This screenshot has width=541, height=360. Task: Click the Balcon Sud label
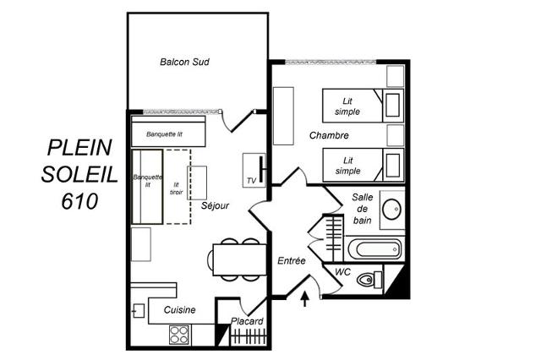click(184, 62)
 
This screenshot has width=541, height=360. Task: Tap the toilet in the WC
click(369, 280)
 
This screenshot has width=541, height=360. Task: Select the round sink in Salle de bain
click(392, 209)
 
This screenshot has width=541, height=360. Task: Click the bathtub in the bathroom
click(374, 249)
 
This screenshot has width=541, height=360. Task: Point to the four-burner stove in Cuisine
click(179, 335)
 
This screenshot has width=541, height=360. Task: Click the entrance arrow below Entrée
click(305, 298)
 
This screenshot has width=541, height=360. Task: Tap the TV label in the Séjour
click(252, 181)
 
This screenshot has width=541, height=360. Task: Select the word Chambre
click(329, 135)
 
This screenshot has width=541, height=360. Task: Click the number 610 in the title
click(79, 201)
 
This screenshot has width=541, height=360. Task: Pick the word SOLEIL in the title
click(79, 174)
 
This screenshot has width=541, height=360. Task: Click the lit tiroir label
click(177, 188)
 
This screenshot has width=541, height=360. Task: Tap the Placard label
click(247, 321)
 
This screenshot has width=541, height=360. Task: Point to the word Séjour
click(215, 205)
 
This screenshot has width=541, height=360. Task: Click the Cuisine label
click(179, 310)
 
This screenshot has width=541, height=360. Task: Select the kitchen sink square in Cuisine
click(139, 311)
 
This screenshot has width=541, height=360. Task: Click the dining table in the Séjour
click(240, 259)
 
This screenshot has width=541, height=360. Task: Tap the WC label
click(342, 272)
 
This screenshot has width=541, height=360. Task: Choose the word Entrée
click(292, 260)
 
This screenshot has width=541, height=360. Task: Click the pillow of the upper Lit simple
click(392, 105)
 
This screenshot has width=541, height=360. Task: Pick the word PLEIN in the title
click(79, 147)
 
